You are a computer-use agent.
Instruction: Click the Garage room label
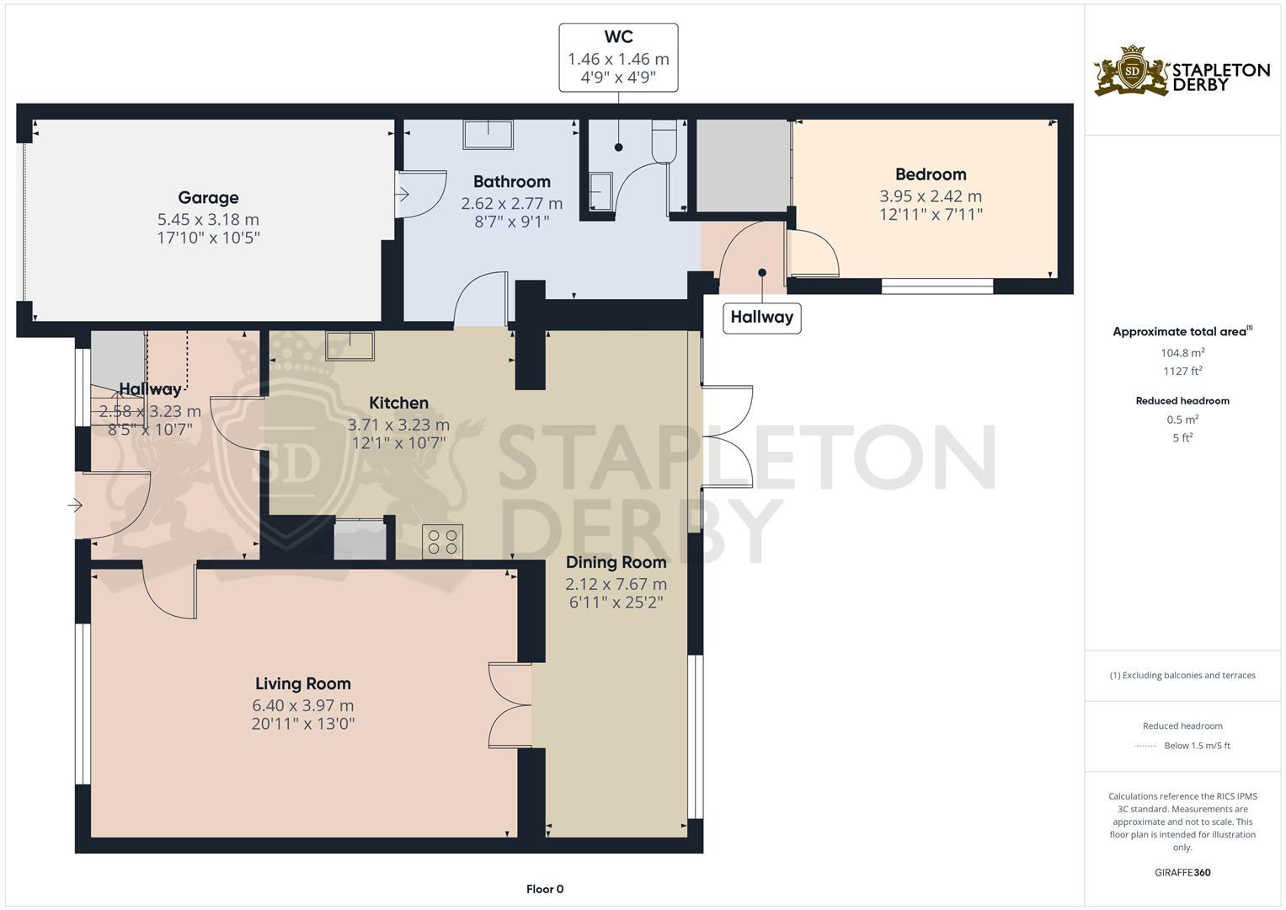[208, 198]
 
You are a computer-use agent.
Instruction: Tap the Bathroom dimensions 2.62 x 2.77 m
[511, 203]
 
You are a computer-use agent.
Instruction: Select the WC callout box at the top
[618, 58]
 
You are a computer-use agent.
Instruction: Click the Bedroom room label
[930, 174]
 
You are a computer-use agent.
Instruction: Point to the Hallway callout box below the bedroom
[761, 318]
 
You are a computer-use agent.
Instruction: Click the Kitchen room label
[398, 403]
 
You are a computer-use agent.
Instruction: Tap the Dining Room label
[616, 562]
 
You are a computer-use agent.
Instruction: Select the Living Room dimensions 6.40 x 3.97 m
[302, 705]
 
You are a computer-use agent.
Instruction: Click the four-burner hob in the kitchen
[442, 542]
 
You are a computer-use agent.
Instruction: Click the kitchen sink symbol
[350, 345]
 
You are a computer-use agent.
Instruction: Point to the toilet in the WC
[664, 140]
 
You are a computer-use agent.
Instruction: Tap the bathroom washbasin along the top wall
[488, 135]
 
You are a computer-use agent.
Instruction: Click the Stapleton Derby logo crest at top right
[1132, 71]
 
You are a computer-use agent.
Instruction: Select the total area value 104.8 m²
[1182, 353]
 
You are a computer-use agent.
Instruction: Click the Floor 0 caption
[544, 889]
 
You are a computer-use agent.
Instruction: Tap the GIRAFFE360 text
[1182, 872]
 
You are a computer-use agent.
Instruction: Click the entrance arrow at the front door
[75, 506]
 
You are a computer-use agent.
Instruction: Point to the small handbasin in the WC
[601, 190]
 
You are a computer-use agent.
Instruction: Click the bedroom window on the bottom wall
[936, 286]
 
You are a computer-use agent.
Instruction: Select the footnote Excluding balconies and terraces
[1182, 675]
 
